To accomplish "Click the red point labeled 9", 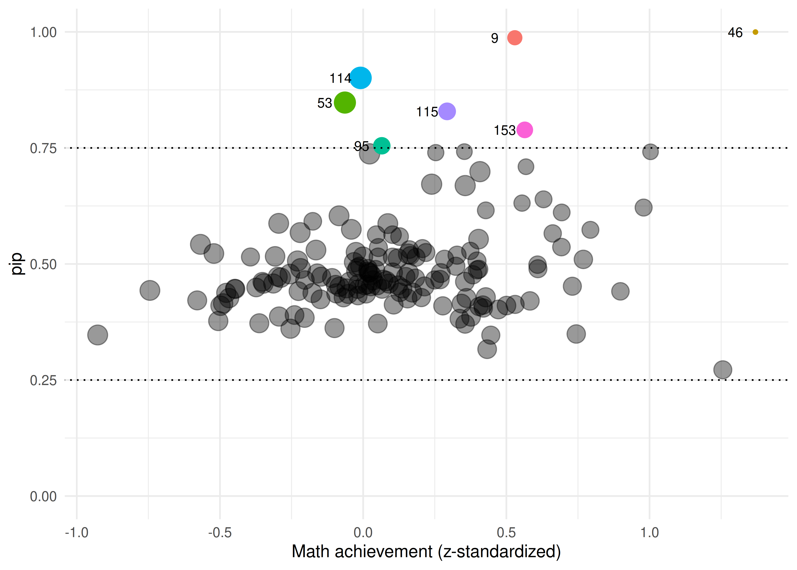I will (514, 38).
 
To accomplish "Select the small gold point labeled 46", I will (755, 32).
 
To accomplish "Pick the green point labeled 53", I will (345, 102).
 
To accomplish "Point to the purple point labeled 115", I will (447, 111).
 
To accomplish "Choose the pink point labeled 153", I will (525, 130).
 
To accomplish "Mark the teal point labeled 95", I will (382, 145).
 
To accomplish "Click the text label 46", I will (735, 33).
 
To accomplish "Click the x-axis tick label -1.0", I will (77, 533).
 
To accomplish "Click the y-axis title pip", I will (17, 264).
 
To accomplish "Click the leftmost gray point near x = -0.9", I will (97, 335).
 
